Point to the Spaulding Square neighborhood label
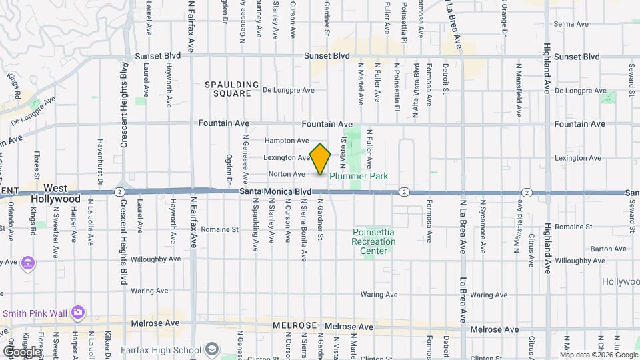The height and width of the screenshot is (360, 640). (x=231, y=89)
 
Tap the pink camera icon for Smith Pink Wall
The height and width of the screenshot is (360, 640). (x=78, y=311)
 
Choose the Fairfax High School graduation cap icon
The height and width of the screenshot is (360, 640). (x=211, y=349)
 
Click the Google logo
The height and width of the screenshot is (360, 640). (x=21, y=351)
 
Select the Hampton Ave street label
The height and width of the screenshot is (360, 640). (x=286, y=141)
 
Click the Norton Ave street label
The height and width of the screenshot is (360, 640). (x=286, y=174)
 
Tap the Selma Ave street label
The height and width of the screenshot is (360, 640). (x=571, y=24)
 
